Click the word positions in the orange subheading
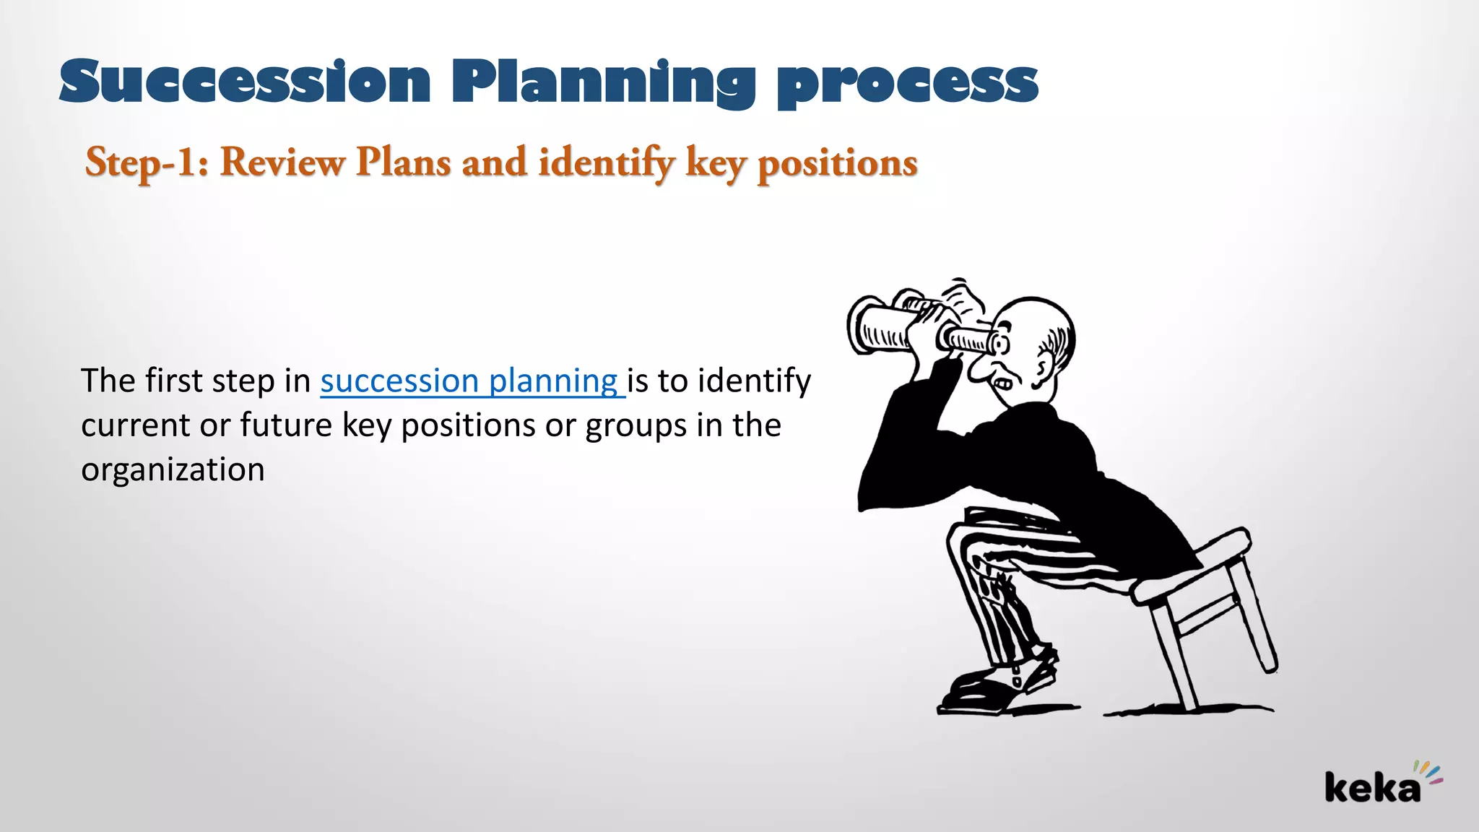(837, 163)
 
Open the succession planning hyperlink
(469, 381)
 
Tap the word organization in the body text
(173, 469)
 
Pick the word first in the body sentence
(173, 381)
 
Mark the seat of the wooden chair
(1192, 571)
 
